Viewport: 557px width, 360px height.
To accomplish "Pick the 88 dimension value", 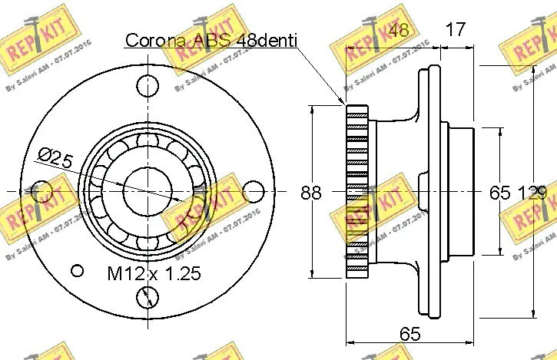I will pos(310,193).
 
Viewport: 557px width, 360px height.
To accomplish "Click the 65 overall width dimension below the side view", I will pos(409,333).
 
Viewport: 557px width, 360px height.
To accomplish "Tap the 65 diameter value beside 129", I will pos(499,193).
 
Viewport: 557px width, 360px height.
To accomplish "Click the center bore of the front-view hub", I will pos(148,190).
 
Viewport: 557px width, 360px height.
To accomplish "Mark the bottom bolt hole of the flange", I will pos(148,296).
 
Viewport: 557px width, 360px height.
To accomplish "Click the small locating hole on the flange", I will pos(76,269).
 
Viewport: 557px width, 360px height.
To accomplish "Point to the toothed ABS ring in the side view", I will pos(357,192).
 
